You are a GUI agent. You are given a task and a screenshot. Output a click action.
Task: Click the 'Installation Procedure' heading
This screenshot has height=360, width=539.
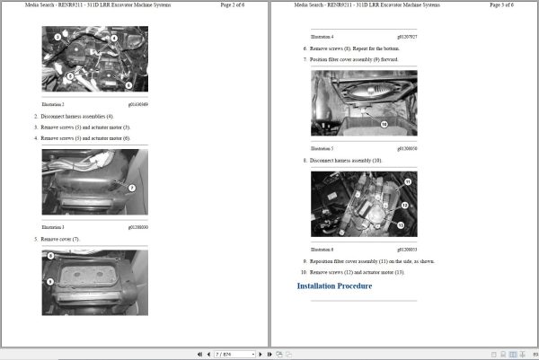334,286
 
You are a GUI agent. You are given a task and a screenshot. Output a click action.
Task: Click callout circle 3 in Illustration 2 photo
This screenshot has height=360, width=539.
57,38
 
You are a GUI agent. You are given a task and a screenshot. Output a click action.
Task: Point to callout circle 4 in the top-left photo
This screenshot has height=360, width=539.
114,39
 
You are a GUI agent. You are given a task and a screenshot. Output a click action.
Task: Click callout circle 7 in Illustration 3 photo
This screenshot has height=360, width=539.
131,188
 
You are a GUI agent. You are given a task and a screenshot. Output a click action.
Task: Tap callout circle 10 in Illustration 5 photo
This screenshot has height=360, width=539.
383,125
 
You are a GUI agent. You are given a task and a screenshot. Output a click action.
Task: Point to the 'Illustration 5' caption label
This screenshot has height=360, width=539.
322,148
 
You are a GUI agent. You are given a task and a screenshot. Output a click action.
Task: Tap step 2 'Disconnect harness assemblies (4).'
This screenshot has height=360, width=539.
75,116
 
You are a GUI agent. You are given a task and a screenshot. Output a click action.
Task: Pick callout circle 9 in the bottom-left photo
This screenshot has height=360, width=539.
51,282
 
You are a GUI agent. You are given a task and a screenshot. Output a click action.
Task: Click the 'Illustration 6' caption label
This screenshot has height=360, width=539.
322,249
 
